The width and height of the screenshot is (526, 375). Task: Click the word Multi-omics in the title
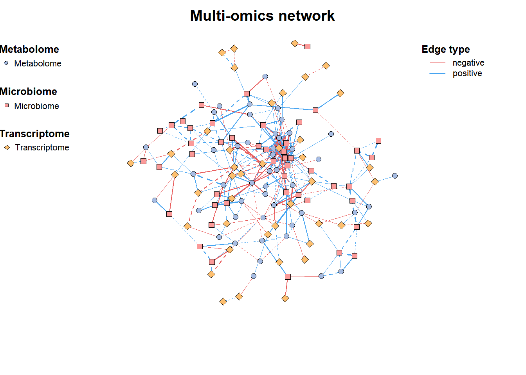(232, 16)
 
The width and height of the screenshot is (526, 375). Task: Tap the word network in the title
(307, 16)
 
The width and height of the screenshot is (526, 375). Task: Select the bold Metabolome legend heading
(29, 49)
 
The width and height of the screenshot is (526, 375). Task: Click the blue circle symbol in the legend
(6, 63)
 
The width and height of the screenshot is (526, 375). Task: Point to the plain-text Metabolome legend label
(38, 64)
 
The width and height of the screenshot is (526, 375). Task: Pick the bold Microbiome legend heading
(28, 91)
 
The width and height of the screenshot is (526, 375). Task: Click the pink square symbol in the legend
(7, 105)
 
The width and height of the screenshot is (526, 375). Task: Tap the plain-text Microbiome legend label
(36, 106)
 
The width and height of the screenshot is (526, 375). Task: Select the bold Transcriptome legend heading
(34, 134)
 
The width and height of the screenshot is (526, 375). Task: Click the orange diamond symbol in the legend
(7, 147)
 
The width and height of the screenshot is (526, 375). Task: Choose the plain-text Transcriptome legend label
(42, 147)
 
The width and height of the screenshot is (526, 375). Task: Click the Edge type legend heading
(446, 50)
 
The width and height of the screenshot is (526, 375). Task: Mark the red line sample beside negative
(437, 63)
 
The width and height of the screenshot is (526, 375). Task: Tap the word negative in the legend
(468, 63)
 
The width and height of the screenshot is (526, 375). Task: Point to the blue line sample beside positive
(437, 73)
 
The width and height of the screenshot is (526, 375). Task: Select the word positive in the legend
(467, 73)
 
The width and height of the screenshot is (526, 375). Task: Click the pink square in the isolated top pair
(307, 46)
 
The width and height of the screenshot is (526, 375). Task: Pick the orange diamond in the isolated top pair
(294, 43)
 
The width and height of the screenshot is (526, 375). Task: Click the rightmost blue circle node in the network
(395, 176)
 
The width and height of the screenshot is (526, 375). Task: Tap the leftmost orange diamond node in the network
(131, 163)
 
